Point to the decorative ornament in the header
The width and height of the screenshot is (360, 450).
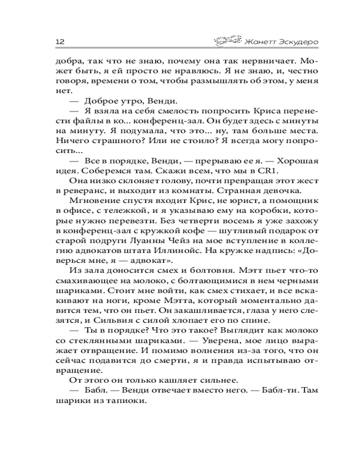[226, 40]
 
